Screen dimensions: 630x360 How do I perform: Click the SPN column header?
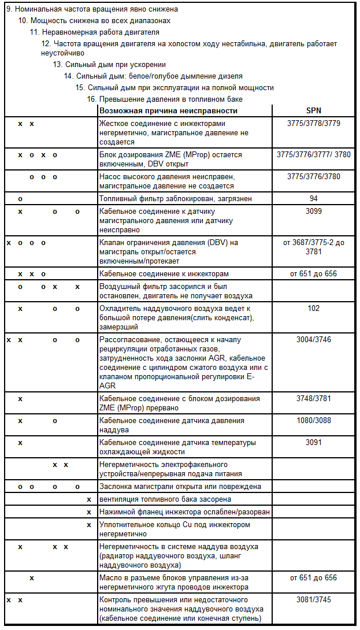pyautogui.click(x=313, y=111)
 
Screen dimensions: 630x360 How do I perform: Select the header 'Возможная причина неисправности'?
pyautogui.click(x=168, y=111)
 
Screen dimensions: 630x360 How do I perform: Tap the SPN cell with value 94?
pyautogui.click(x=313, y=198)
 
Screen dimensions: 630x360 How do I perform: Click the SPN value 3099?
pyautogui.click(x=313, y=212)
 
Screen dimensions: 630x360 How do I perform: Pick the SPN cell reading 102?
pyautogui.click(x=313, y=309)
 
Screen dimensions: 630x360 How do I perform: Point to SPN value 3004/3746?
pyautogui.click(x=313, y=339)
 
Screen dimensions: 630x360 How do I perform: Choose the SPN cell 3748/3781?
pyautogui.click(x=313, y=399)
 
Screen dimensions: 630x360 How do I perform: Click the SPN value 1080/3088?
pyautogui.click(x=313, y=421)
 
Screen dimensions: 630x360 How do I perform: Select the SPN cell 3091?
pyautogui.click(x=313, y=443)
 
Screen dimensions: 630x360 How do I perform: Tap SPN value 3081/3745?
pyautogui.click(x=313, y=600)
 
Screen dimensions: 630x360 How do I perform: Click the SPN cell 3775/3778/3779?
pyautogui.click(x=313, y=124)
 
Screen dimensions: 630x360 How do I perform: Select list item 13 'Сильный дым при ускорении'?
pyautogui.click(x=109, y=65)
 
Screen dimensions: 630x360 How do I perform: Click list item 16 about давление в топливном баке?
pyautogui.click(x=164, y=99)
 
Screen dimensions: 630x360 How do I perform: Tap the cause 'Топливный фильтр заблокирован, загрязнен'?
pyautogui.click(x=167, y=198)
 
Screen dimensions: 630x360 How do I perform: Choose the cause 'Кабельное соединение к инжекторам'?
pyautogui.click(x=164, y=273)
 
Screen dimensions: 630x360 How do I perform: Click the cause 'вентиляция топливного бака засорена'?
pyautogui.click(x=165, y=499)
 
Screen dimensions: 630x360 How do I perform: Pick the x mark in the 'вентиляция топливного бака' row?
pyautogui.click(x=88, y=499)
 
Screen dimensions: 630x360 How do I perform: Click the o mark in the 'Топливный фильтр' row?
pyautogui.click(x=20, y=198)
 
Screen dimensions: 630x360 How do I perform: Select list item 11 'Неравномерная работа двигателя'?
pyautogui.click(x=95, y=32)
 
